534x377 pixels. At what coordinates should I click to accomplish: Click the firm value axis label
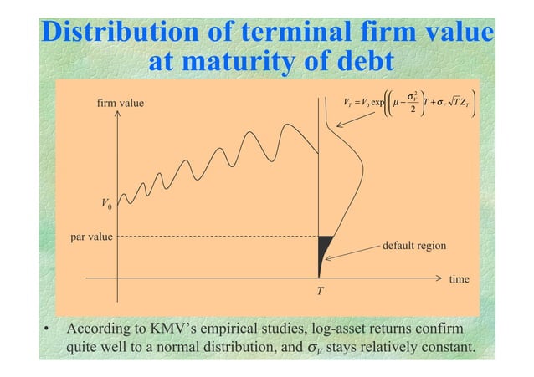point(121,104)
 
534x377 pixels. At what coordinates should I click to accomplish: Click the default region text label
point(413,246)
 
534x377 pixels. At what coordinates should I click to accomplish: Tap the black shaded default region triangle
point(323,248)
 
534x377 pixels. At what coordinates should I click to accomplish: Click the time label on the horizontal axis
point(459,279)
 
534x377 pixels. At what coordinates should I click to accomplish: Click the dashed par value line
point(218,236)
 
